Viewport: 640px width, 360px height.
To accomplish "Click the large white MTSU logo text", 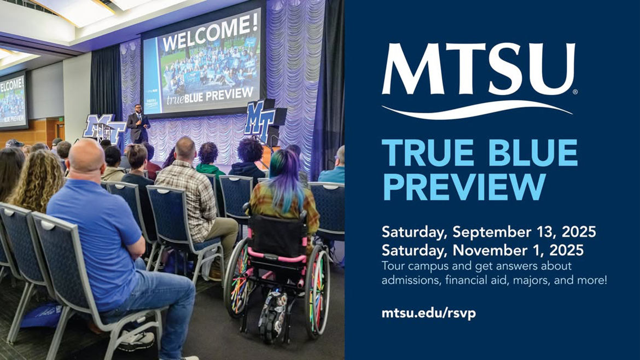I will [x=478, y=69].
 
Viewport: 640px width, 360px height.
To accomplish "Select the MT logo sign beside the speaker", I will [x=100, y=127].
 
